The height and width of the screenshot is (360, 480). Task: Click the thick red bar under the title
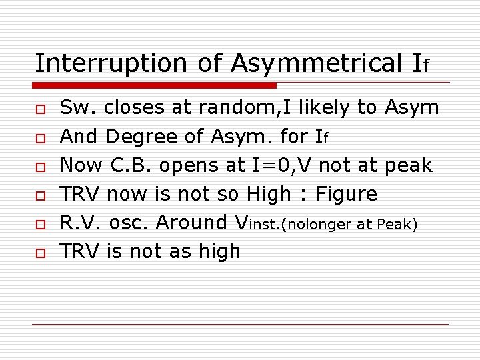tap(155, 85)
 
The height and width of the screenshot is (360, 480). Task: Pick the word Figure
tap(346, 194)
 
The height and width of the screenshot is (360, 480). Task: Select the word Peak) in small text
tap(397, 225)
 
